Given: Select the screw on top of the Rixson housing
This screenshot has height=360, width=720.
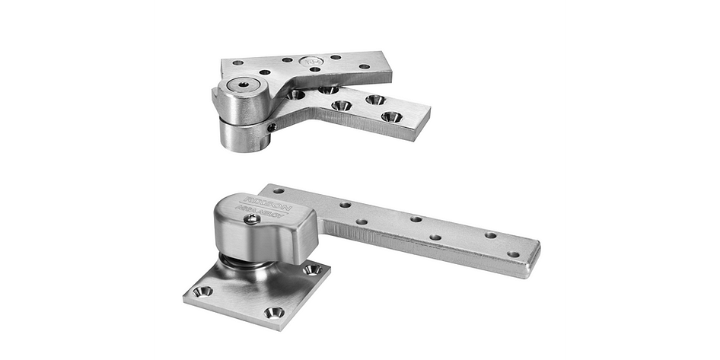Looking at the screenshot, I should tap(251, 219).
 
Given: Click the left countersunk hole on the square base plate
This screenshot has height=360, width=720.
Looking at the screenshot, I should tap(202, 291).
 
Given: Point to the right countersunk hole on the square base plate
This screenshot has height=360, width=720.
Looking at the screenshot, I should tap(311, 269).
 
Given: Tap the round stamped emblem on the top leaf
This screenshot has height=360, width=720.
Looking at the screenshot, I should tap(309, 62).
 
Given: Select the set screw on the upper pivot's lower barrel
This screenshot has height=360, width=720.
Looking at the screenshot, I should tap(272, 127).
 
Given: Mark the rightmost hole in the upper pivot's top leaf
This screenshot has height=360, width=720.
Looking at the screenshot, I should tap(365, 66).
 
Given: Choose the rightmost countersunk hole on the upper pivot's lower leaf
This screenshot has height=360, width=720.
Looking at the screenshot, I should tap(391, 116).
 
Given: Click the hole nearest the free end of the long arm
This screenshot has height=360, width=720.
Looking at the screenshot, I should tap(513, 254).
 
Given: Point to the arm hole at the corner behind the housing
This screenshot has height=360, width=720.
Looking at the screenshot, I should tap(279, 191).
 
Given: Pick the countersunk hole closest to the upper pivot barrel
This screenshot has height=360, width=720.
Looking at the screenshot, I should tap(295, 95).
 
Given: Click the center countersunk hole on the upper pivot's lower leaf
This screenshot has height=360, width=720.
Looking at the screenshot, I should tap(342, 106).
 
